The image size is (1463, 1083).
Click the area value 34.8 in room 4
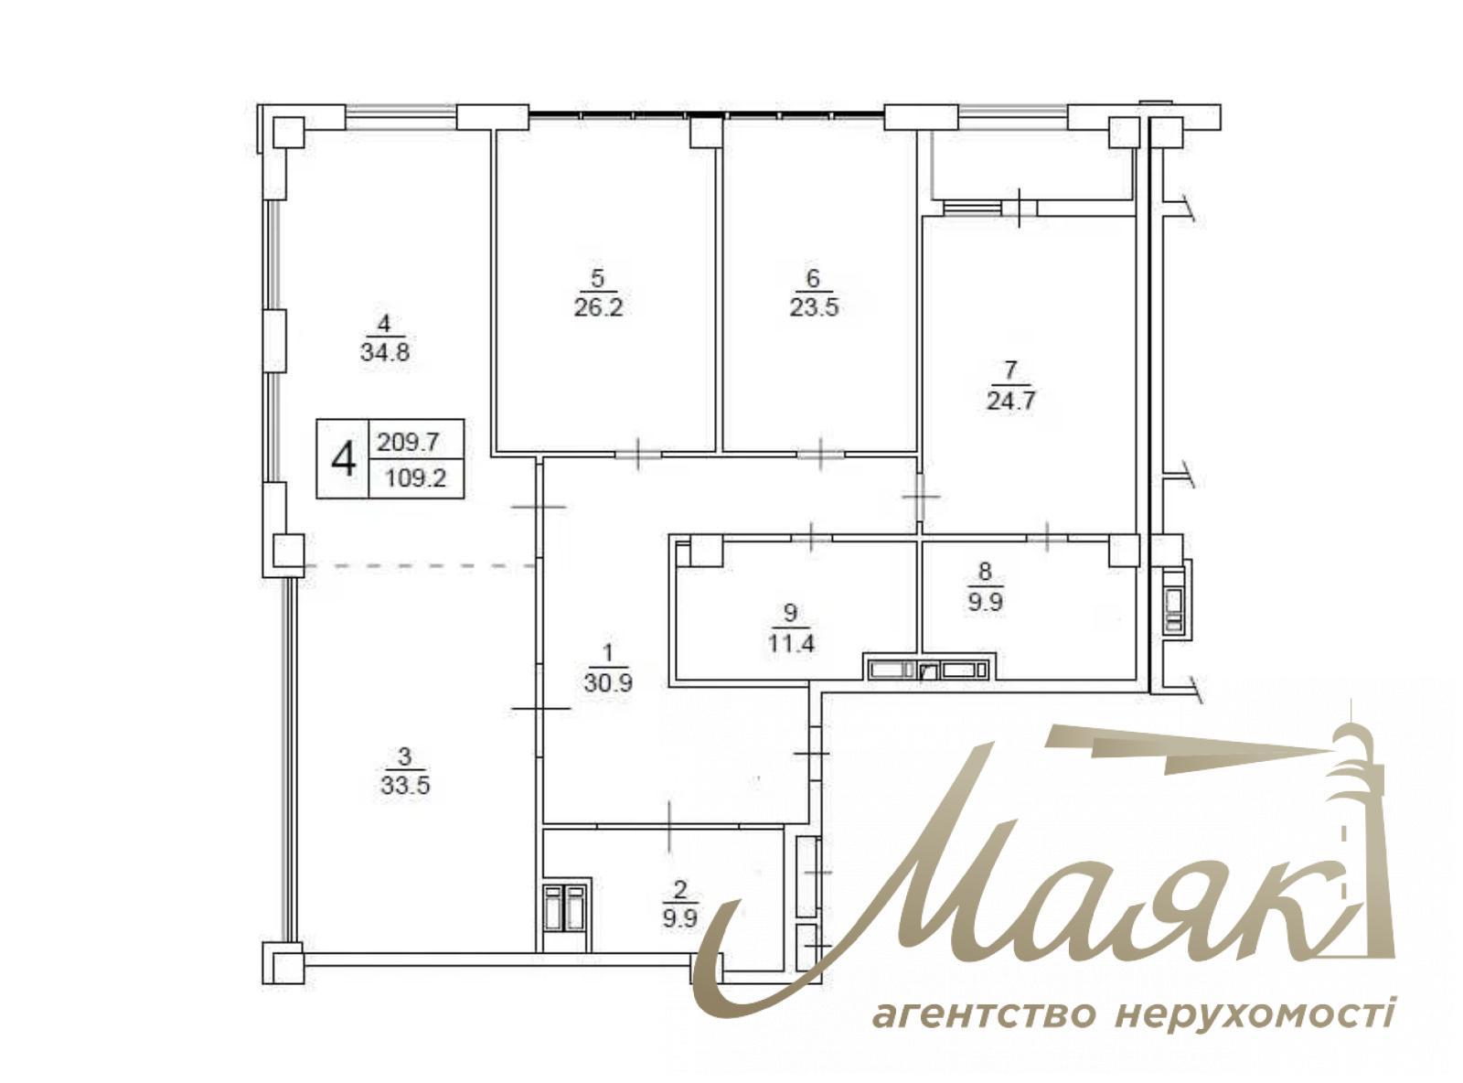tap(384, 352)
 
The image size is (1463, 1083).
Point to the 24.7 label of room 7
tap(1010, 401)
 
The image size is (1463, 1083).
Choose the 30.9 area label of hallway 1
tap(608, 682)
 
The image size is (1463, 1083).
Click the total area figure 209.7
tap(409, 443)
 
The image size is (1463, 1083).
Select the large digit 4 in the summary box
tap(343, 459)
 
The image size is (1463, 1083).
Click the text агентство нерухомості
tap(1133, 1013)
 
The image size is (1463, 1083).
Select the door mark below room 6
tap(821, 452)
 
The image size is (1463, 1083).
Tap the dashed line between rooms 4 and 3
tap(421, 567)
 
